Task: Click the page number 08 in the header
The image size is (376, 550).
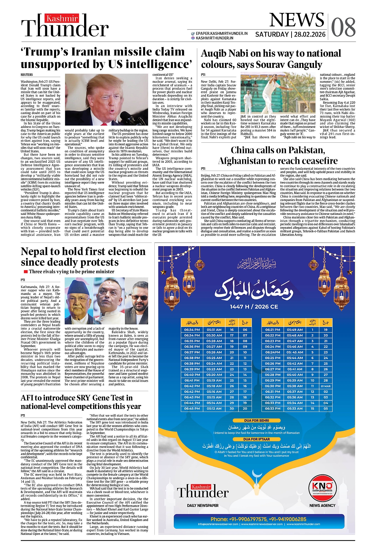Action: (x=343, y=27)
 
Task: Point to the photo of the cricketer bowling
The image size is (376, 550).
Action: (x=278, y=93)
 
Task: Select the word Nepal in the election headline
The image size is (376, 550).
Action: (x=35, y=251)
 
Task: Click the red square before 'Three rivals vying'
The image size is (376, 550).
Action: (x=25, y=272)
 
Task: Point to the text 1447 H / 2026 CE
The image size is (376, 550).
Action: (x=254, y=307)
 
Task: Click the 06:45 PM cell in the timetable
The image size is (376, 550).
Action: (x=192, y=409)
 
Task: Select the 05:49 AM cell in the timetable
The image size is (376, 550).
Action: (x=295, y=330)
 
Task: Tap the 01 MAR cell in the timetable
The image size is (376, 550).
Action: (x=326, y=386)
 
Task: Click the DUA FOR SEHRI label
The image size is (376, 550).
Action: (x=256, y=421)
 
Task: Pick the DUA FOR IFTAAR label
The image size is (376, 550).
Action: (x=256, y=439)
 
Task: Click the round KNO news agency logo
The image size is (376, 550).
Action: (x=322, y=487)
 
